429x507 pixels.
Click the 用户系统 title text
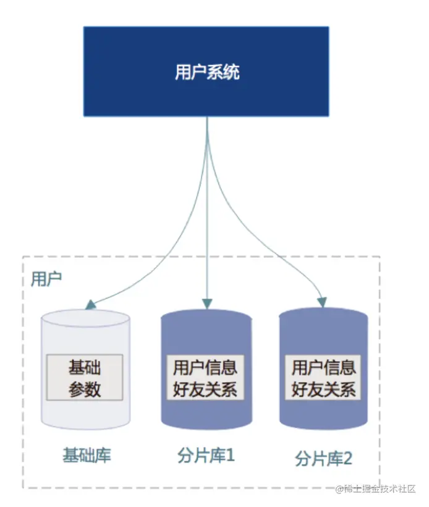pos(206,72)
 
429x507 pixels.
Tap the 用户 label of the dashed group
pos(46,278)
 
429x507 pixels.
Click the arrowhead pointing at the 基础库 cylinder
pos(90,304)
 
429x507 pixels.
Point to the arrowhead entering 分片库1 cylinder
pos(207,303)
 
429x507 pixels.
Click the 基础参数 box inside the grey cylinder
pos(85,377)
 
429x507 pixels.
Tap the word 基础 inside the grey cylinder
pos(85,367)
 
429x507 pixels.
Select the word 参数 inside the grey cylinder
pos(85,389)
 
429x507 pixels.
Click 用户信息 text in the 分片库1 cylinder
pos(205,368)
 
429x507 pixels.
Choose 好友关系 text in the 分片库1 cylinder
pos(205,390)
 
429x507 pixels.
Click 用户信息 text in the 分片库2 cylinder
pos(323,367)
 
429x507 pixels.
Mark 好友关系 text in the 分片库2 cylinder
pos(323,390)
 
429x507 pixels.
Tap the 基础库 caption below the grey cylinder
pos(87,456)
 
